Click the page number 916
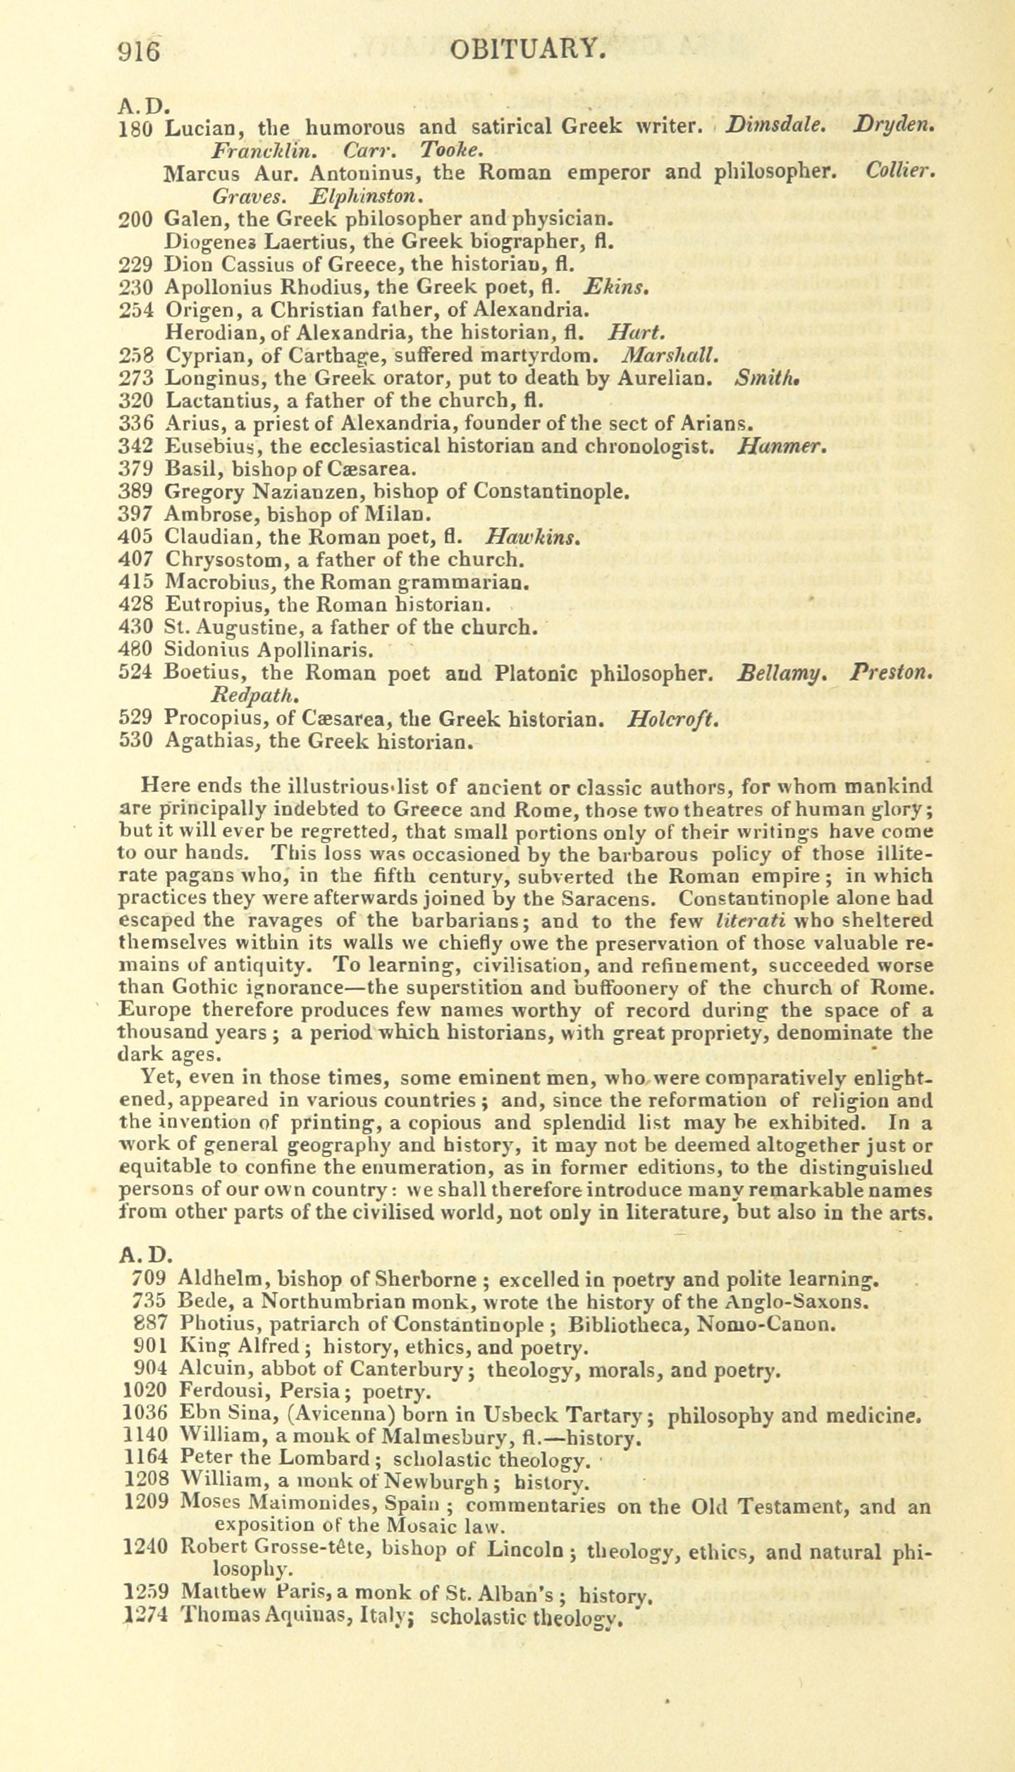[x=140, y=51]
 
